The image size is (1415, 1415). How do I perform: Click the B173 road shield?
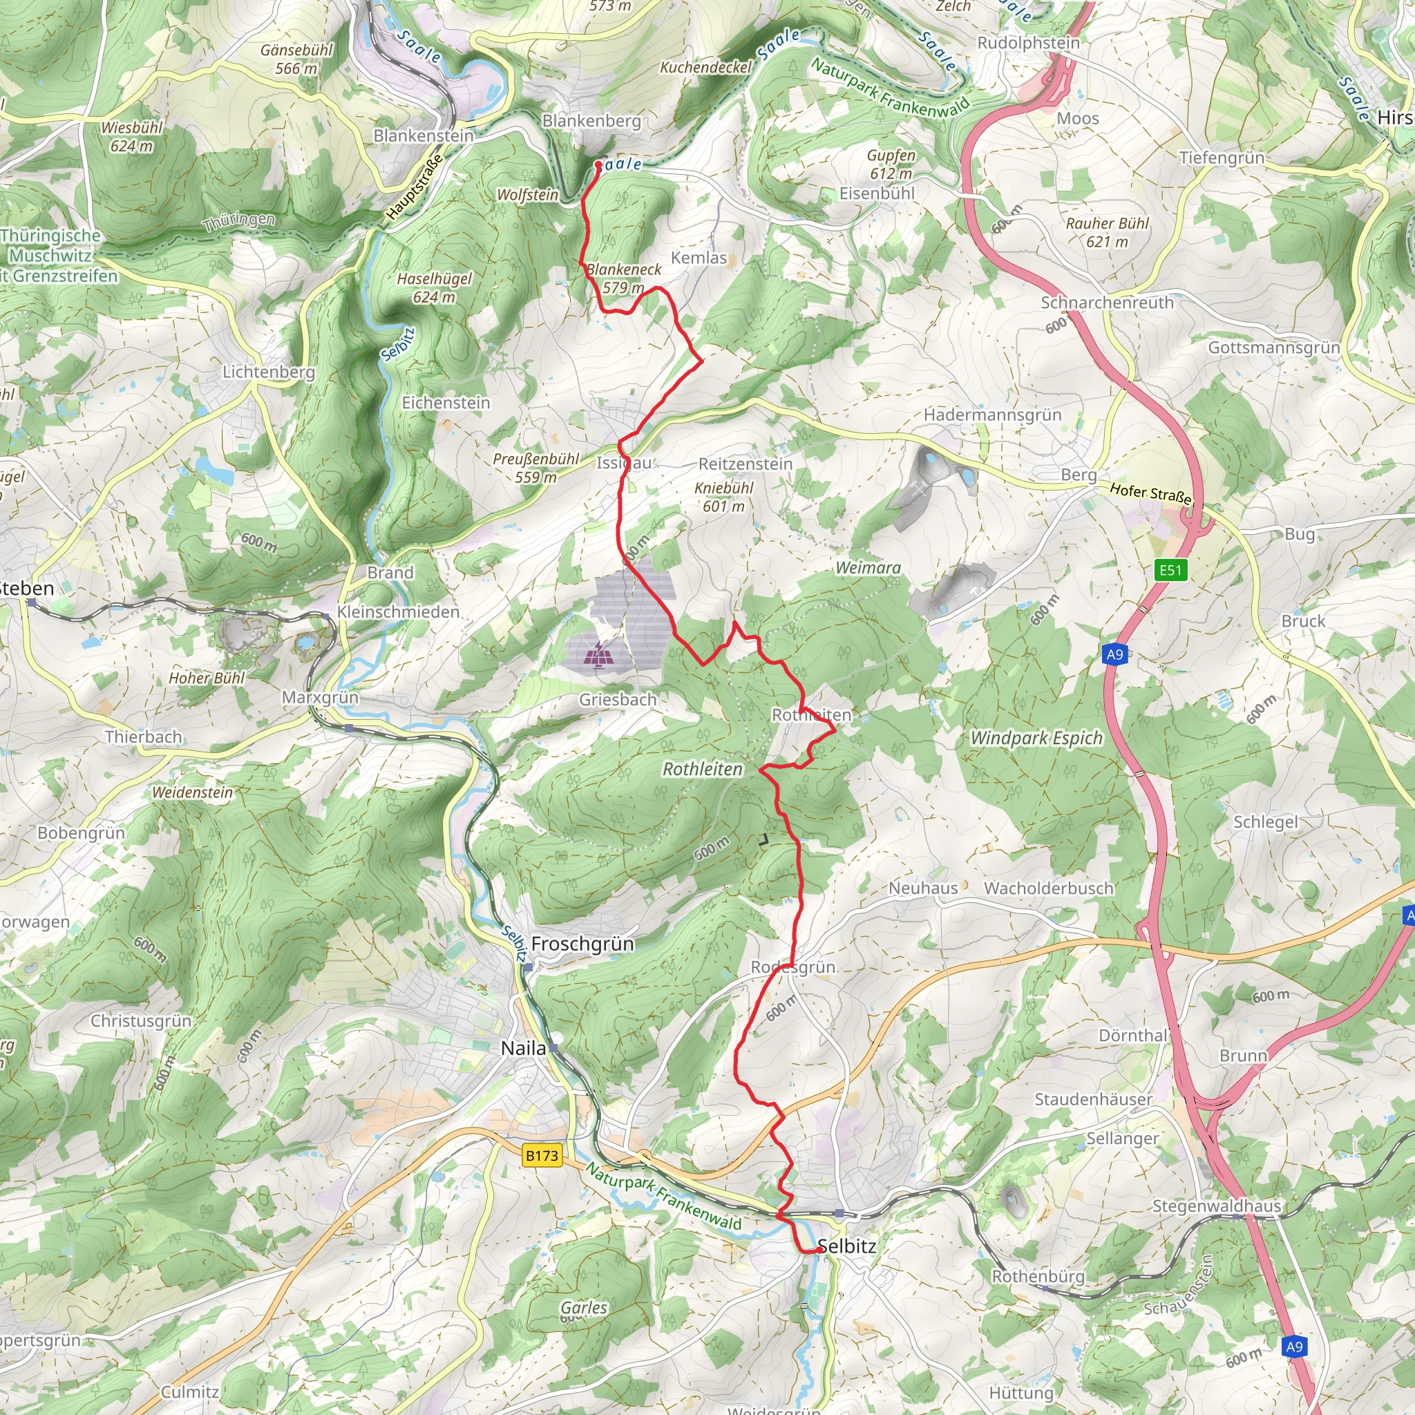(542, 1155)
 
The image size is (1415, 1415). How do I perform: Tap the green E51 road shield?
(1170, 570)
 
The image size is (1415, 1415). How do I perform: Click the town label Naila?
(523, 1048)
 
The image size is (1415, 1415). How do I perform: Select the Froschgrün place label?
(582, 944)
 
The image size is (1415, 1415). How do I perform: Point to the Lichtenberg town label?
(269, 372)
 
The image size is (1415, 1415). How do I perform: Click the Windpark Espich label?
(1036, 739)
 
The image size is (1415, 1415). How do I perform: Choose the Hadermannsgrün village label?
(992, 415)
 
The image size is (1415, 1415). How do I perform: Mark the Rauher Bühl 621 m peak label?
(1108, 232)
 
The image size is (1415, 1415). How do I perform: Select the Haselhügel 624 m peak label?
(435, 288)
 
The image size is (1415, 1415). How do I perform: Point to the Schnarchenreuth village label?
(1107, 303)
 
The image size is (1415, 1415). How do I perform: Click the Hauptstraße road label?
(415, 186)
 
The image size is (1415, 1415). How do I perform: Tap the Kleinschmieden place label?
(399, 611)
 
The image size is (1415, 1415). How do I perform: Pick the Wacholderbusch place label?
(1048, 889)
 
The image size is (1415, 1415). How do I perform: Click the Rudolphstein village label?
(1028, 44)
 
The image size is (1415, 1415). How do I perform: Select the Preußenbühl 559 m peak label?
(536, 468)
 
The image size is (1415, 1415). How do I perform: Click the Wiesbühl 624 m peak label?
(132, 137)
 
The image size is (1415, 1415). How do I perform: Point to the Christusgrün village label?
(141, 1021)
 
